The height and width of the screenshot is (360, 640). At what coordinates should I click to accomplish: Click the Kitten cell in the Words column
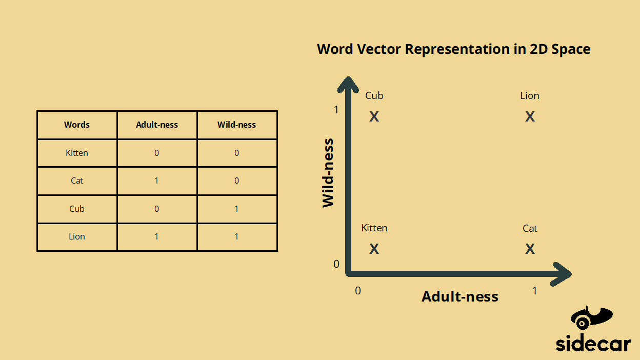(77, 153)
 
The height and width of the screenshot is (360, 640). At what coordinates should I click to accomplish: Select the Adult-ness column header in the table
(157, 125)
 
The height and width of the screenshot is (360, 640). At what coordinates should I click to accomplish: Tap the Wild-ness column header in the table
(236, 125)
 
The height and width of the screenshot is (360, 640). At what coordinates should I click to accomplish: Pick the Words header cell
(77, 125)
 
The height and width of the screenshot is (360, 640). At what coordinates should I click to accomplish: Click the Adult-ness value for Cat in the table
(157, 181)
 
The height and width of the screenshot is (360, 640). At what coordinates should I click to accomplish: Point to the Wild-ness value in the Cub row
(236, 209)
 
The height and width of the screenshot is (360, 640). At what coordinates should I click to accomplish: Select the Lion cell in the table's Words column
(77, 236)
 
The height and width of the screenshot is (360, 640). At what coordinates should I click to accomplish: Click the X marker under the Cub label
(374, 117)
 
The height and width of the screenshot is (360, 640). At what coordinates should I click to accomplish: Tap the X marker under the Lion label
(530, 117)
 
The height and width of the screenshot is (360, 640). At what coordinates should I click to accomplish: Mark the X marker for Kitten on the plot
(374, 249)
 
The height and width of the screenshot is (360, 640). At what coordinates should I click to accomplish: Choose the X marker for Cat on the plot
(530, 249)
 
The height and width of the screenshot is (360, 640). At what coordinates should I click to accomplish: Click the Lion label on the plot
(530, 96)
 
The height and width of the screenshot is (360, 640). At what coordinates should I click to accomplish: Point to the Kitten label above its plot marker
(374, 228)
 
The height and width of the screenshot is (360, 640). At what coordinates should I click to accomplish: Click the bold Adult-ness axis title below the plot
(460, 297)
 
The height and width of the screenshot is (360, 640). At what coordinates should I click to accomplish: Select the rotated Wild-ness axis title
(328, 173)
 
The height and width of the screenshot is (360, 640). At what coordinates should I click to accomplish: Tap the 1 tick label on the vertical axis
(336, 110)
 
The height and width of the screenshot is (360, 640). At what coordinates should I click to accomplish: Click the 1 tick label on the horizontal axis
(534, 291)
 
